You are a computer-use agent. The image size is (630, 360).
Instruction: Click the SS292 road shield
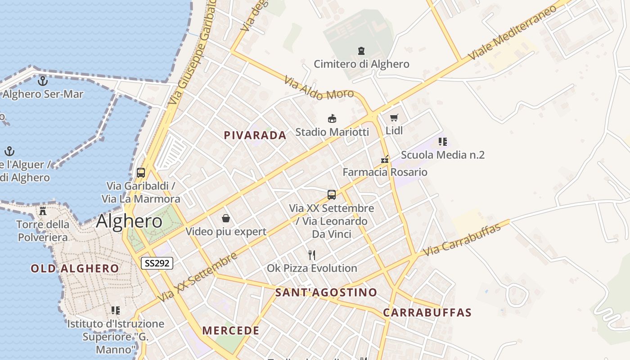157,263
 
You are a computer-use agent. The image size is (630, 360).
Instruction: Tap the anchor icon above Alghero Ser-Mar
43,81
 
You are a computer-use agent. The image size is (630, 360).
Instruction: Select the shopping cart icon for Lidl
394,118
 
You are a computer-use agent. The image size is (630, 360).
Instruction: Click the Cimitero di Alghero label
361,64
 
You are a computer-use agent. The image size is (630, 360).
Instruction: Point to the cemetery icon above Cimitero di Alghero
361,50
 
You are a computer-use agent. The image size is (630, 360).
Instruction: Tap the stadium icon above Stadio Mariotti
332,119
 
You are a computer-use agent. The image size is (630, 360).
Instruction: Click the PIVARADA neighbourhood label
255,135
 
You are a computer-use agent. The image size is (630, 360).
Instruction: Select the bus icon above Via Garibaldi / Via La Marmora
141,172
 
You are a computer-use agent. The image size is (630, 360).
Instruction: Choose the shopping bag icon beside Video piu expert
226,219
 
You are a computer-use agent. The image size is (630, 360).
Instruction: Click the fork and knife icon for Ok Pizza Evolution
312,255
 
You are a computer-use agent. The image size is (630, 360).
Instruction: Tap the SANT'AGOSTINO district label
326,292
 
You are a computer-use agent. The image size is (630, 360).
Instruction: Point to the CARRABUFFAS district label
427,313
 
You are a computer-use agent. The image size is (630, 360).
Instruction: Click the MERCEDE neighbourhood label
231,331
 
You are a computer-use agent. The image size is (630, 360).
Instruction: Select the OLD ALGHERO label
75,269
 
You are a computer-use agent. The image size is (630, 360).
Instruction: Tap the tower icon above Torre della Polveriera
43,211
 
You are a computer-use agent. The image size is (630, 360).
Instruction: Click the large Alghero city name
129,221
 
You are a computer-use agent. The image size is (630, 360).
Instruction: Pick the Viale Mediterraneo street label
512,33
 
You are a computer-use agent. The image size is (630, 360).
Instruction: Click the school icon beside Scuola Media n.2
443,142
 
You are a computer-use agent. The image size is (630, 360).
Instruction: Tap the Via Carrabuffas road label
462,240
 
